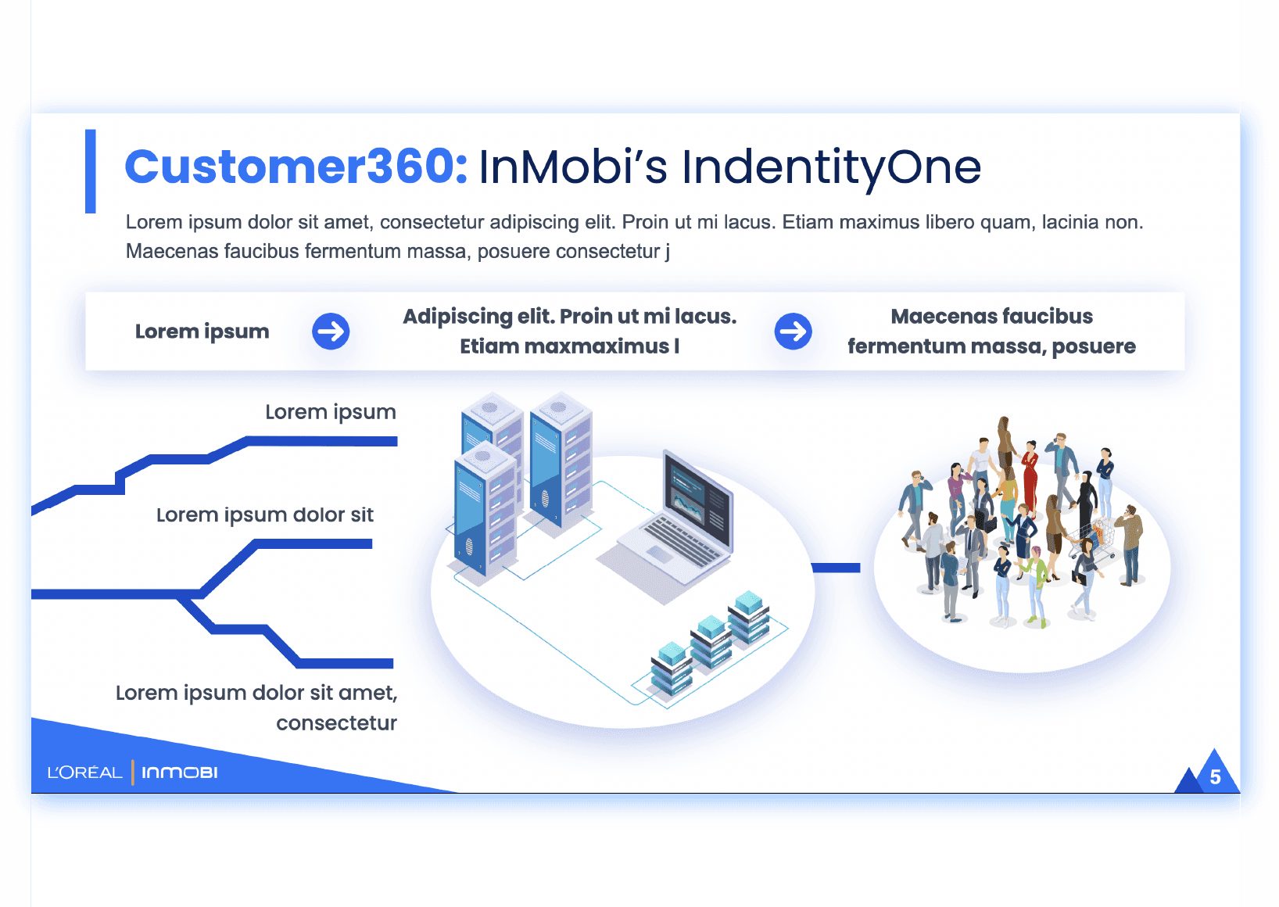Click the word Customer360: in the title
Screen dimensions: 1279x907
(296, 167)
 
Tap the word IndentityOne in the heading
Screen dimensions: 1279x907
(831, 167)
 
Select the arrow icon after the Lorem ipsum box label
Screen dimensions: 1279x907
(331, 332)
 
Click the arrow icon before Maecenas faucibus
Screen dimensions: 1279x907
(793, 332)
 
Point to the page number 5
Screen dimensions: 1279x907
(1215, 777)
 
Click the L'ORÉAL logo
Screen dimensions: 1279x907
(85, 773)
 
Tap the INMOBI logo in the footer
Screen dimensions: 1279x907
(180, 773)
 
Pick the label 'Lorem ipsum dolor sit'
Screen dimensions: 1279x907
(265, 515)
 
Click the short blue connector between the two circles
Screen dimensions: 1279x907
(836, 568)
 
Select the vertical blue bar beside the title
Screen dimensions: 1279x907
(91, 171)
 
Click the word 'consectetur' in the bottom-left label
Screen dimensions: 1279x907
(336, 723)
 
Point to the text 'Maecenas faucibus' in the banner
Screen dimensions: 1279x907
(991, 317)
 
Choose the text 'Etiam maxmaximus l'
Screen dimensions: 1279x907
(569, 346)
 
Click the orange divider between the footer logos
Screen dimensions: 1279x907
(133, 773)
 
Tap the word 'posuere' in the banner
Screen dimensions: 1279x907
(1094, 346)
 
